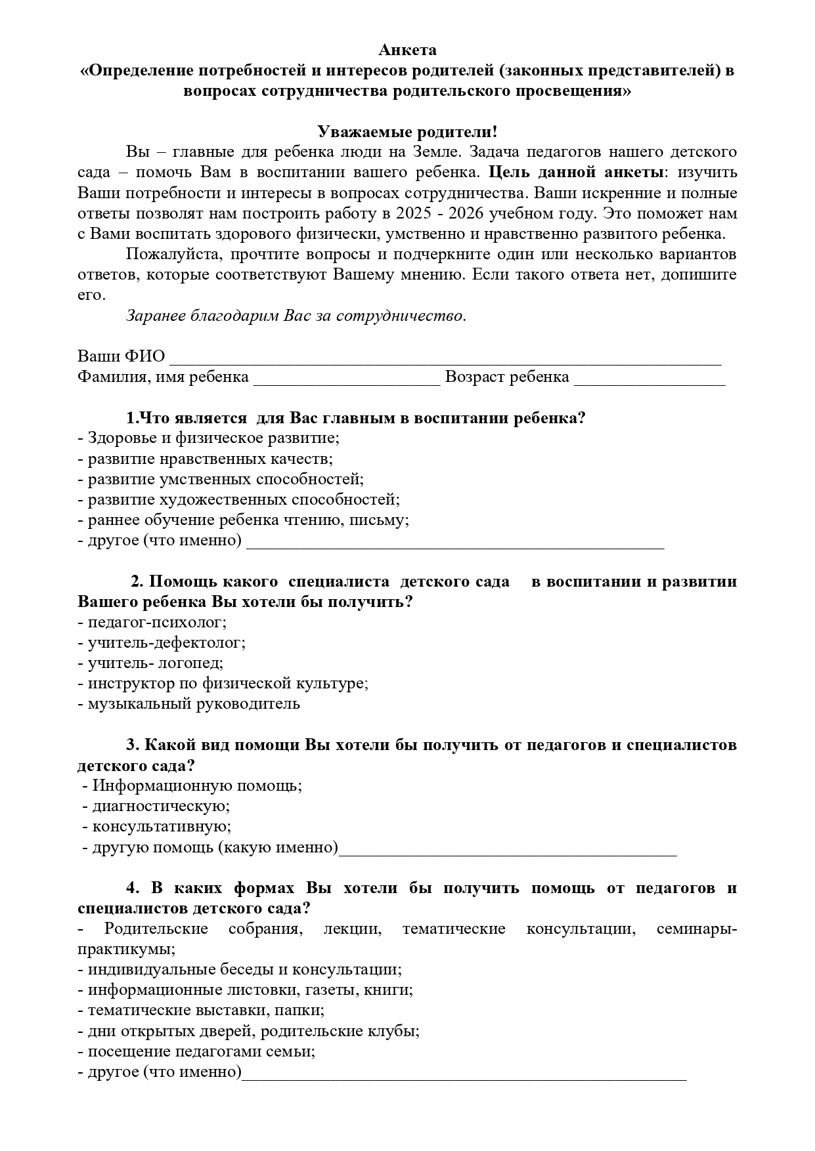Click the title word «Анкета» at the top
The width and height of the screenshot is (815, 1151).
(407, 50)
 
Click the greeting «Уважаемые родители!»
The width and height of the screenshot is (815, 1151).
(407, 132)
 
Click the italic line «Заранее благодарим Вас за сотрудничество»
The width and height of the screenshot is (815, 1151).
(296, 316)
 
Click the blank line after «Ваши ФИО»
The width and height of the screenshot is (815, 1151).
(445, 358)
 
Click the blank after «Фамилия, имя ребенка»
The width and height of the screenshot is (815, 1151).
(346, 379)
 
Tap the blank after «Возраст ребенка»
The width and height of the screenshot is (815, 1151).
(649, 379)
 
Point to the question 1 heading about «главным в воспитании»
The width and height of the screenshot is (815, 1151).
(355, 418)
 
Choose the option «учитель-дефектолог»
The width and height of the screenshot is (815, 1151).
(162, 642)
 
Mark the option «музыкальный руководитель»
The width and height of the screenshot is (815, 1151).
(189, 704)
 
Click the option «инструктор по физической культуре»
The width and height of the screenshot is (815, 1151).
(223, 683)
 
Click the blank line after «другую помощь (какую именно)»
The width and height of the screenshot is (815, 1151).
(507, 848)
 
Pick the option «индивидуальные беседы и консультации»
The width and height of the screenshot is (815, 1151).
(240, 969)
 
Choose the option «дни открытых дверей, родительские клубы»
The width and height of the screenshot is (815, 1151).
(249, 1031)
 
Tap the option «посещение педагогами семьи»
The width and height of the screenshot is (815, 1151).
(196, 1051)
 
